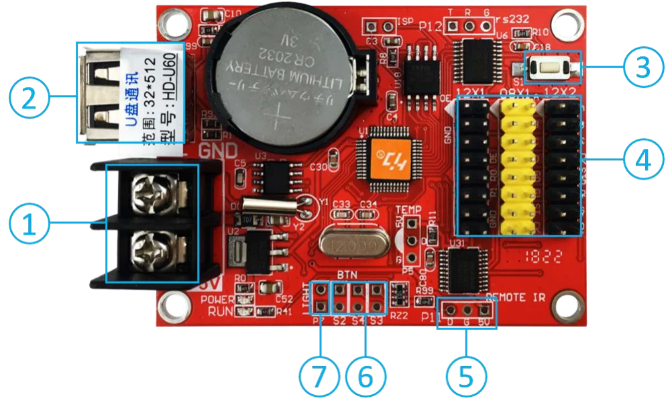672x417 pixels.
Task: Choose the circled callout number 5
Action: (467, 375)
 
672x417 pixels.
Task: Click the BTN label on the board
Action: (347, 275)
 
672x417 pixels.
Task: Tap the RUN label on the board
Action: (220, 310)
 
